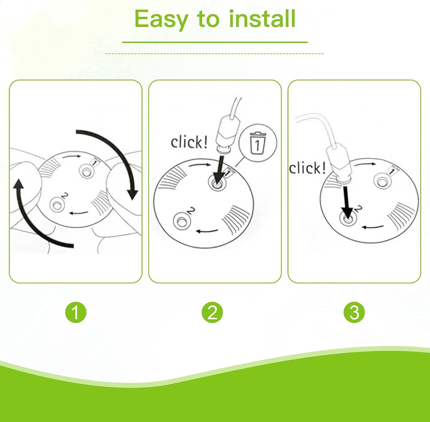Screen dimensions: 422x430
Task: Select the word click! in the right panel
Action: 307,168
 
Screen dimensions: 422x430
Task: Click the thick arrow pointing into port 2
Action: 347,202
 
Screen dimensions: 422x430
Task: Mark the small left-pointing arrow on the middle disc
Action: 207,230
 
